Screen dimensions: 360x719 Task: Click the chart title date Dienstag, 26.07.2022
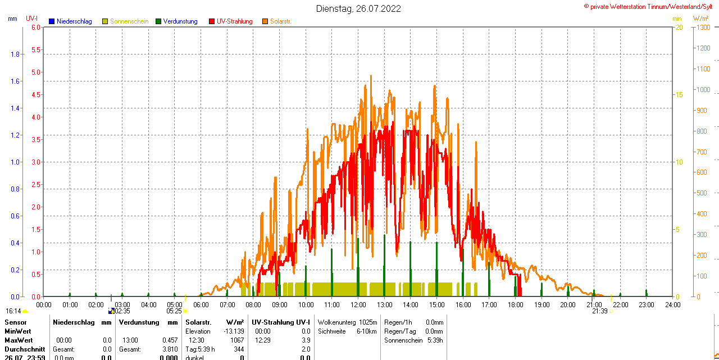tap(358, 8)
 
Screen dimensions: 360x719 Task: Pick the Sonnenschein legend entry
tap(129, 21)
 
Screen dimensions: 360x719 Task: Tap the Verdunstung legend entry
tap(180, 21)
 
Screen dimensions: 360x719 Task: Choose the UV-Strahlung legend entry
tap(234, 21)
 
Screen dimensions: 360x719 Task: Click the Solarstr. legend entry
tap(280, 21)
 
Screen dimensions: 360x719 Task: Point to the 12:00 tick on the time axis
tap(358, 305)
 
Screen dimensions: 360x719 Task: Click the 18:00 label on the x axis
tap(515, 305)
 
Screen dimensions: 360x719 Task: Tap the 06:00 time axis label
tap(201, 305)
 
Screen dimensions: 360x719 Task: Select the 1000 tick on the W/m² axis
tap(703, 90)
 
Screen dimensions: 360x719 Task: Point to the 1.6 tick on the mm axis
tap(16, 81)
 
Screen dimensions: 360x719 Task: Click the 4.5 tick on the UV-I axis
tap(35, 95)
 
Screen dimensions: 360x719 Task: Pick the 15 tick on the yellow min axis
tap(679, 95)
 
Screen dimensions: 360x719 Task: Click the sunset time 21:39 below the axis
tap(599, 311)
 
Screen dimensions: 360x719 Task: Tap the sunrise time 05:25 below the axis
tap(174, 311)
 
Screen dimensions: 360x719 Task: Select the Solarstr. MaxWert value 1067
tap(237, 340)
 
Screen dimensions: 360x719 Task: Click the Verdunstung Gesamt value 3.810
tap(169, 349)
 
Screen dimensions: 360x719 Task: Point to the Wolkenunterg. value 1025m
tap(368, 322)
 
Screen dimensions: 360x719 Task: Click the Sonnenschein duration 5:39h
tap(434, 340)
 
